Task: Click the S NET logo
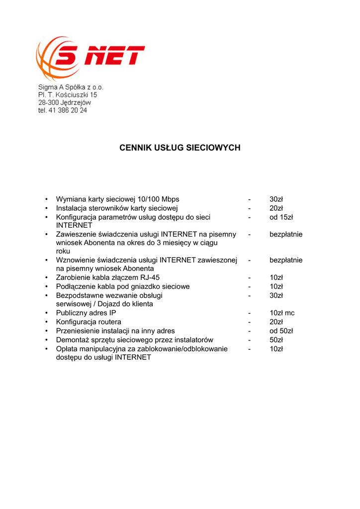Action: click(90, 58)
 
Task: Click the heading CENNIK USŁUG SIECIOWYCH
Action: click(180, 148)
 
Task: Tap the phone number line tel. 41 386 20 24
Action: click(63, 110)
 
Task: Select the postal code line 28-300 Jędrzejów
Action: click(65, 102)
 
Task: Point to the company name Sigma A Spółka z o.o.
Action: click(71, 86)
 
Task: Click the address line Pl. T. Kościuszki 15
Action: click(68, 94)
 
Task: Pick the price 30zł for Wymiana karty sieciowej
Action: click(276, 199)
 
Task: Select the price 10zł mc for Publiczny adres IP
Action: click(282, 313)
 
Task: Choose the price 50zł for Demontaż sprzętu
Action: click(276, 340)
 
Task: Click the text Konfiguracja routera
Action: click(89, 322)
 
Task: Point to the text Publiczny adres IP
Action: click(86, 313)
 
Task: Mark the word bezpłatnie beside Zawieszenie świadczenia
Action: click(286, 234)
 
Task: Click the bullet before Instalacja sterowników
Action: click(46, 208)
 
